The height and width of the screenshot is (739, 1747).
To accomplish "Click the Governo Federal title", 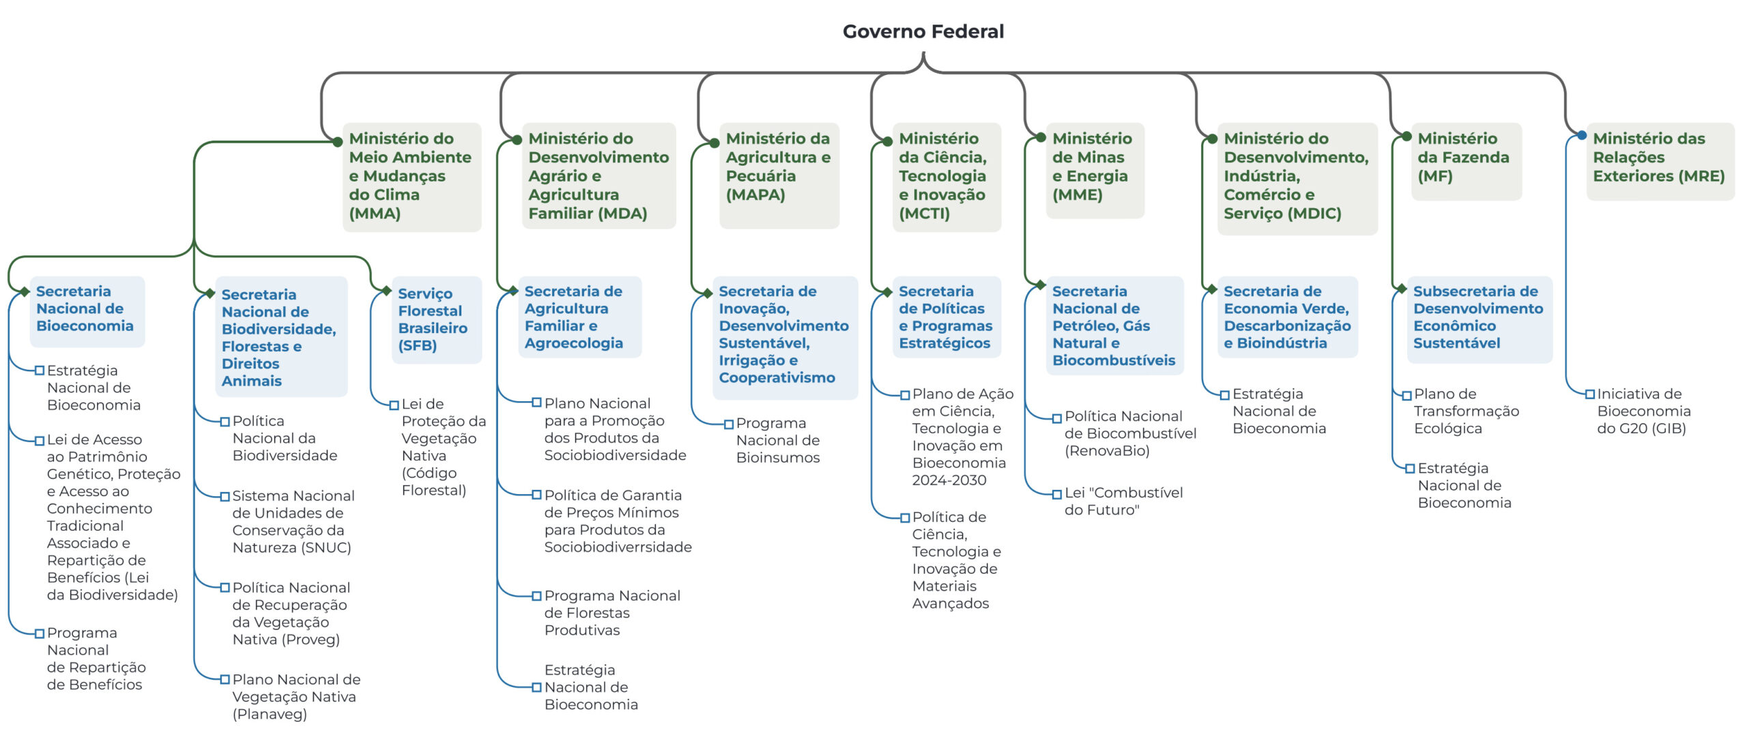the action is click(x=923, y=31).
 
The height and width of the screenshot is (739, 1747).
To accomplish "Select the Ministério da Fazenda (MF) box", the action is click(x=1466, y=161).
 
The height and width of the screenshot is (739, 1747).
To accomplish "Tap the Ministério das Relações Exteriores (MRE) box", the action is click(x=1660, y=161).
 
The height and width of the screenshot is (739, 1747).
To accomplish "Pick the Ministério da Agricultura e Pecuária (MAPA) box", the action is click(x=779, y=175).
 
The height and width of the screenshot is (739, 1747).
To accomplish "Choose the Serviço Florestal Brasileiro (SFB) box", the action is click(x=436, y=319).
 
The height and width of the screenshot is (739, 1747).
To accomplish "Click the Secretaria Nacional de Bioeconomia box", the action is click(x=87, y=311).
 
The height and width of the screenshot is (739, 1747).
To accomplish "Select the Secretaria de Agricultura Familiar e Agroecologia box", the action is click(x=579, y=317).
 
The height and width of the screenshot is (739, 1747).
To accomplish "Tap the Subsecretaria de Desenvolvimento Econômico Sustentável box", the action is click(x=1479, y=319).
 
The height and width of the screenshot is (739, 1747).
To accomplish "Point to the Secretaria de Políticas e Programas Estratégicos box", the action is click(x=946, y=317).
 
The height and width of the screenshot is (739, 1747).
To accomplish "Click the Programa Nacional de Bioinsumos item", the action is click(x=778, y=440).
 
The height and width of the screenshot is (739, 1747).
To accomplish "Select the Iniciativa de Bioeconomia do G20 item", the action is click(x=1643, y=411).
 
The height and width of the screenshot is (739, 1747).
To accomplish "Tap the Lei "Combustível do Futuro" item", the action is click(x=1123, y=501).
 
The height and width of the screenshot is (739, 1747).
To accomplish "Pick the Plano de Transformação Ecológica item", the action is click(x=1466, y=411).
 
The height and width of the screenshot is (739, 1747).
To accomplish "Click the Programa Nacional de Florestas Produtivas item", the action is click(x=612, y=613).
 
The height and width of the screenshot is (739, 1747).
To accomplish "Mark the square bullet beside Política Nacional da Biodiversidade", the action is click(x=225, y=422).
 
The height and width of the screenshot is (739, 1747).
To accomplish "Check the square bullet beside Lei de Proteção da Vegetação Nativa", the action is click(x=394, y=405).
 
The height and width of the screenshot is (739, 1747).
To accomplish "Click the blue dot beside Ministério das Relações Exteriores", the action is click(x=1581, y=135).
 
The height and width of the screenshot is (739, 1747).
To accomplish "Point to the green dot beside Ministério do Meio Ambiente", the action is click(x=337, y=142).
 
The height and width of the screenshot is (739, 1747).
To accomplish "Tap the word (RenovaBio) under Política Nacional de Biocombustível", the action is click(x=1107, y=450).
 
